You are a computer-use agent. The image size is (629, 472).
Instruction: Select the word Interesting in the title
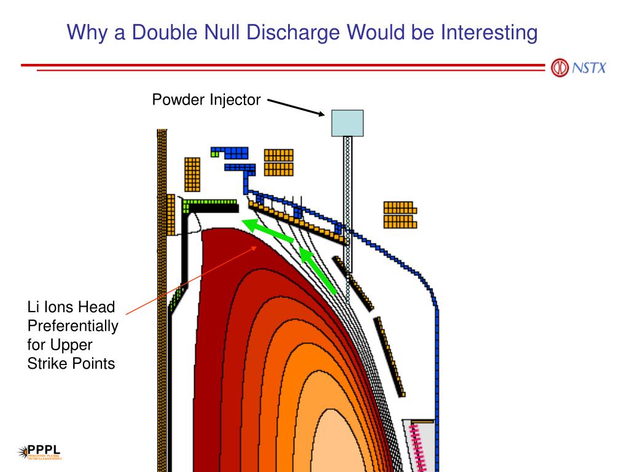pyautogui.click(x=489, y=32)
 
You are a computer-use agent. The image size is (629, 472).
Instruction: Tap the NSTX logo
pyautogui.click(x=577, y=67)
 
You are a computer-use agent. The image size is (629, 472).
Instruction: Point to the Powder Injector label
pyautogui.click(x=206, y=100)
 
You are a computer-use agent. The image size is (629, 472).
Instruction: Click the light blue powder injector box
pyautogui.click(x=347, y=122)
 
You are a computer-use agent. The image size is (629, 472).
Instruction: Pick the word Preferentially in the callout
pyautogui.click(x=72, y=326)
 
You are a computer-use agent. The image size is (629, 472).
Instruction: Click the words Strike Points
pyautogui.click(x=71, y=363)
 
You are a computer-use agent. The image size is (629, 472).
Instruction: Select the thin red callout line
pyautogui.click(x=190, y=277)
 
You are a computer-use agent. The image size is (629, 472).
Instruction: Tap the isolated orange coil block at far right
pyautogui.click(x=399, y=214)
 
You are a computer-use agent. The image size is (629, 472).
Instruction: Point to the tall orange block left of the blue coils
pyautogui.click(x=192, y=174)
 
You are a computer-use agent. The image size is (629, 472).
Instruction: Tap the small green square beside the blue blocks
pyautogui.click(x=214, y=154)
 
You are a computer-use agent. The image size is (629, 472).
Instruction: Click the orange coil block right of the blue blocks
pyautogui.click(x=278, y=162)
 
